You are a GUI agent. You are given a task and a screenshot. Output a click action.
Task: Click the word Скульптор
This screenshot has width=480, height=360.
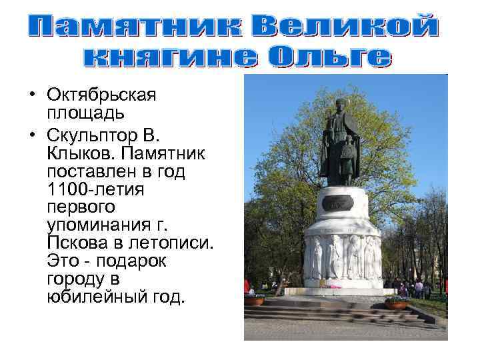click(x=96, y=136)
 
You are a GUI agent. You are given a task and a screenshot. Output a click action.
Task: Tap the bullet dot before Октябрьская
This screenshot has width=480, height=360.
click(x=31, y=95)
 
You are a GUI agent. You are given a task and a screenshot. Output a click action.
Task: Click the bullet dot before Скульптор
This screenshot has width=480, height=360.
click(x=31, y=136)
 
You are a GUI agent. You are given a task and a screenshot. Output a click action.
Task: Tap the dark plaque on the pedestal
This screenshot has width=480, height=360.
click(x=342, y=204)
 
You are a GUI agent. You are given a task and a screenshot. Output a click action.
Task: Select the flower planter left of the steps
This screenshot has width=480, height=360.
click(x=254, y=301)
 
